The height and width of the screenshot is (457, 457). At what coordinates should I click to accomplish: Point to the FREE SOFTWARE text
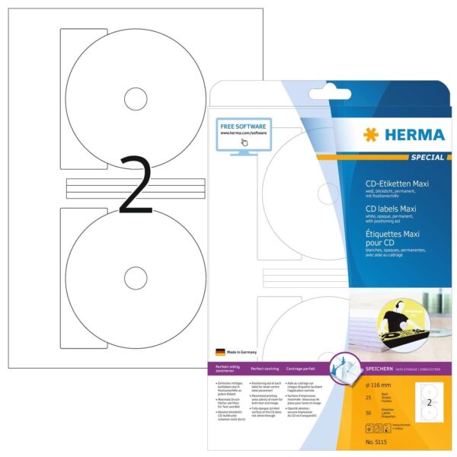[x=244, y=125]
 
